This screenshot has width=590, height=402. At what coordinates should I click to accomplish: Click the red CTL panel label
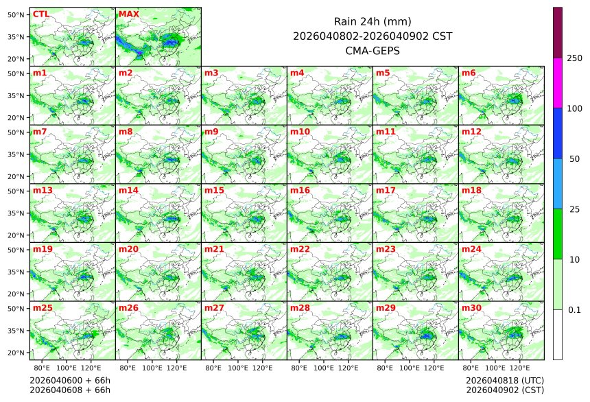(40, 14)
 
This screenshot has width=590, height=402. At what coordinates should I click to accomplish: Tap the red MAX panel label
(128, 14)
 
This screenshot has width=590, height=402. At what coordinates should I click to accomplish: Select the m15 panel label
(212, 190)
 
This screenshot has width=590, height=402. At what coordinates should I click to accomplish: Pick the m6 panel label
(469, 73)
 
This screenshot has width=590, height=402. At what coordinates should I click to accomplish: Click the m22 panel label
(300, 249)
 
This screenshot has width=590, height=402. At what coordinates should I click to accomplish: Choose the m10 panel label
(300, 131)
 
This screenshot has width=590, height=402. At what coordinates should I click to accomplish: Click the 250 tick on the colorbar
(575, 58)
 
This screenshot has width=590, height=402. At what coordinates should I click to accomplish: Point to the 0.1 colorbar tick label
(574, 310)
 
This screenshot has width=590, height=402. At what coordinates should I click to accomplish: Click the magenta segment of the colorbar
(558, 82)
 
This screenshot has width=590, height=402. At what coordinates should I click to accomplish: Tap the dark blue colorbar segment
(558, 133)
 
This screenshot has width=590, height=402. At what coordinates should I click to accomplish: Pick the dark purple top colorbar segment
(558, 32)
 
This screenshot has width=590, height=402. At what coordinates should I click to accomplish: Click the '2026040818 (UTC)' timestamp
(505, 380)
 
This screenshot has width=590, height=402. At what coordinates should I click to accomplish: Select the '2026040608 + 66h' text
(70, 390)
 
